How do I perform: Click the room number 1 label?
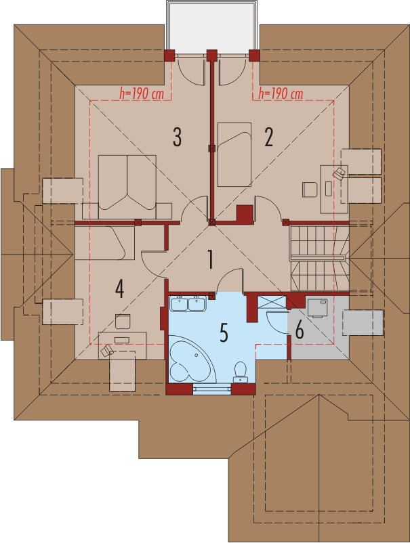point(210,260)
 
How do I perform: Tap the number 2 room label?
point(268,137)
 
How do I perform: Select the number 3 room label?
point(177,137)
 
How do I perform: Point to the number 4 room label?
point(119,289)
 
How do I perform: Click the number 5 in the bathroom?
point(224,332)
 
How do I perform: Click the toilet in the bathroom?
point(240,372)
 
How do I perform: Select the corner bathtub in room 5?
point(192,359)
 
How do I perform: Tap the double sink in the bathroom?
point(188,304)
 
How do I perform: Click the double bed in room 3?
point(127,187)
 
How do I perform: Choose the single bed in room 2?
point(234,154)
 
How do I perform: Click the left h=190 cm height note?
point(142,93)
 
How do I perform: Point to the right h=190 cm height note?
point(281,93)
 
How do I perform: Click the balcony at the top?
point(212,27)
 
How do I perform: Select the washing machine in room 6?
point(317,308)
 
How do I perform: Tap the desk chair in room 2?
point(310,190)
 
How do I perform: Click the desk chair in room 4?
point(123,322)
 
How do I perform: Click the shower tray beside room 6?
point(272,302)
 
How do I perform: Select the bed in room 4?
point(104,243)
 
